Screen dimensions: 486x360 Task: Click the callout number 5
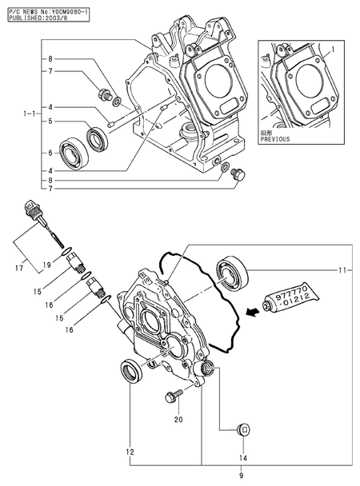point(49,121)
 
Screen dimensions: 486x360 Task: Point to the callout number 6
point(49,153)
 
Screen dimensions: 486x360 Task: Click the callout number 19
point(47,264)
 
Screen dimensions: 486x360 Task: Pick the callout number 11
point(345,271)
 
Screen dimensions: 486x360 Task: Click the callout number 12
point(130,452)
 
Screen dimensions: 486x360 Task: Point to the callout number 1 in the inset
point(333,49)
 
